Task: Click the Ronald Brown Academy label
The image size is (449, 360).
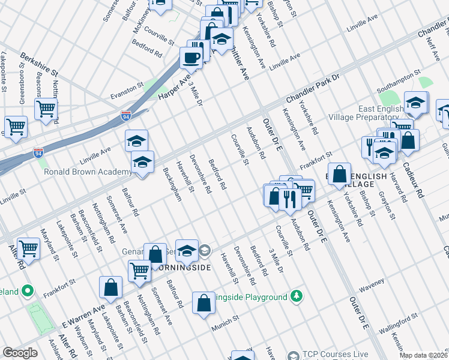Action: (x=88, y=172)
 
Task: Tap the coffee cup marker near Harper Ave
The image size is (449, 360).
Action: (x=191, y=58)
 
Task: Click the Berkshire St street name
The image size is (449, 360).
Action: (x=38, y=63)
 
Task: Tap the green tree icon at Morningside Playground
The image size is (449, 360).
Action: (x=296, y=296)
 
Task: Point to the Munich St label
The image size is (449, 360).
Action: (x=226, y=328)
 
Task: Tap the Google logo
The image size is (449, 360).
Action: (x=20, y=353)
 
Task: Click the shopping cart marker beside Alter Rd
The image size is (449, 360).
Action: (x=28, y=248)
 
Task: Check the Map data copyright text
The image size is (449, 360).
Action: (x=423, y=355)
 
